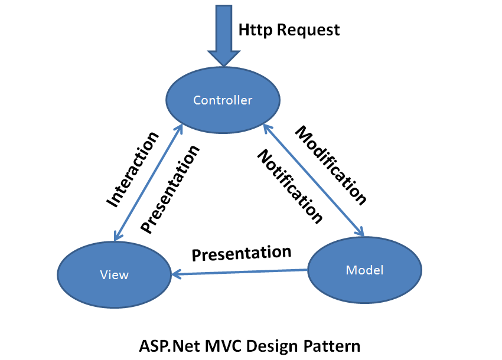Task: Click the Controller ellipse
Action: tap(223, 100)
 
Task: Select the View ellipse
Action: tap(115, 275)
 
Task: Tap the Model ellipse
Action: tap(364, 270)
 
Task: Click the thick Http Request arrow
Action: tap(224, 35)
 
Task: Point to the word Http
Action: tap(255, 30)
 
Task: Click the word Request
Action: tap(308, 30)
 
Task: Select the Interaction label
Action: tap(132, 169)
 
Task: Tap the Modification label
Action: tap(331, 165)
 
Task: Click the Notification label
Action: tap(290, 186)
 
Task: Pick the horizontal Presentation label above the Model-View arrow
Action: tap(242, 253)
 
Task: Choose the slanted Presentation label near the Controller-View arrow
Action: tap(170, 189)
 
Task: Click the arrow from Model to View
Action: tap(239, 272)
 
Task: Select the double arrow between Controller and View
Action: tap(148, 182)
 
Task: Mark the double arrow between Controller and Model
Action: tap(314, 180)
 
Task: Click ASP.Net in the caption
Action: tap(169, 346)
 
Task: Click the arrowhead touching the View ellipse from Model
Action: tap(176, 274)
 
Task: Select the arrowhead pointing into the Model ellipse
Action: tap(360, 231)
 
